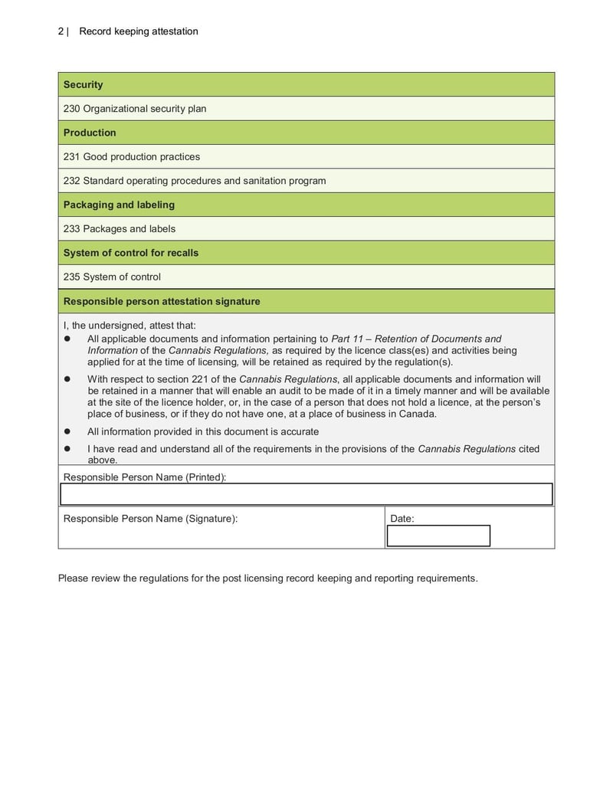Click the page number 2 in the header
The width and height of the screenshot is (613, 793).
click(x=61, y=31)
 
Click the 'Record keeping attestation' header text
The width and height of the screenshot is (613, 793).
click(x=139, y=31)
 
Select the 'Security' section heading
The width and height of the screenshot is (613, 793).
click(x=83, y=84)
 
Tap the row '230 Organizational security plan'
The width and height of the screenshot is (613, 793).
click(x=135, y=109)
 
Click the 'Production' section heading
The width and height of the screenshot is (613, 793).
click(x=90, y=133)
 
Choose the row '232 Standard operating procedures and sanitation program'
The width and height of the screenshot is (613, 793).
click(x=195, y=181)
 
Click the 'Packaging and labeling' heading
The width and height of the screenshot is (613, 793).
click(x=119, y=205)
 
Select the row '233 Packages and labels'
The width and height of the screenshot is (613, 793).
click(x=120, y=229)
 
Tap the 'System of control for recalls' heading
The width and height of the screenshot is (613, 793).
click(x=131, y=253)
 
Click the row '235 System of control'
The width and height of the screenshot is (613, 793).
click(x=112, y=277)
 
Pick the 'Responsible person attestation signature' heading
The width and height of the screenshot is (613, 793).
click(x=162, y=301)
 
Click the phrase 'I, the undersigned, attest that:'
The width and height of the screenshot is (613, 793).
click(x=129, y=325)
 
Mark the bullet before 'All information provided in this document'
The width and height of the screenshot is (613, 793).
click(x=67, y=431)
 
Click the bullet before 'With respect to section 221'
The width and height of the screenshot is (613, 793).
click(x=67, y=378)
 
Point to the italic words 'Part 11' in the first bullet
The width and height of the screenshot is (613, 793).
click(x=348, y=339)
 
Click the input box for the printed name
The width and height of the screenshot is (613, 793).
click(x=306, y=494)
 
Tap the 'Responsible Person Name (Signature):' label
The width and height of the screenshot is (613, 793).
click(x=150, y=519)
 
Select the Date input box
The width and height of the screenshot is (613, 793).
click(x=438, y=536)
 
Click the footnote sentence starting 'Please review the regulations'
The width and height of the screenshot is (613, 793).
click(x=267, y=578)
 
